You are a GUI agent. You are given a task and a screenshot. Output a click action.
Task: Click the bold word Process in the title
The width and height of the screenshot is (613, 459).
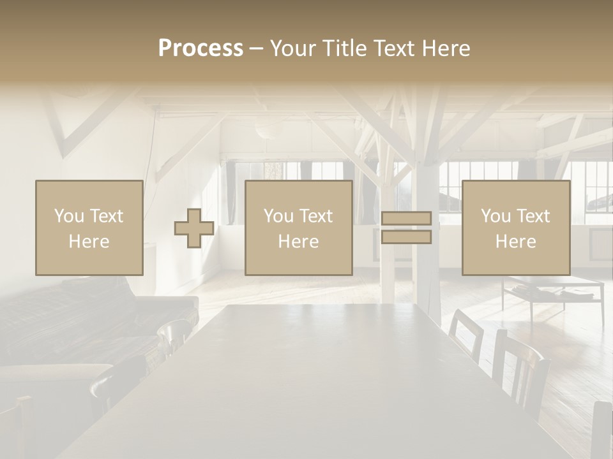[201, 48]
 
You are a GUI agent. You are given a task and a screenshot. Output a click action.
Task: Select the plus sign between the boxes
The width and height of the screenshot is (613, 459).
[194, 228]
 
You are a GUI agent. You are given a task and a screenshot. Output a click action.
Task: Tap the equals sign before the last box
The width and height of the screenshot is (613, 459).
[406, 228]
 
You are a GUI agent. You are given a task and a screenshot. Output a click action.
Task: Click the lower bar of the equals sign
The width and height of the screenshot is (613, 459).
[406, 237]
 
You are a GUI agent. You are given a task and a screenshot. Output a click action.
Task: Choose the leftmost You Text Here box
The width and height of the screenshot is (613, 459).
[89, 228]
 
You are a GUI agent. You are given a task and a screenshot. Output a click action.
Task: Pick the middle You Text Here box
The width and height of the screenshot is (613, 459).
[298, 228]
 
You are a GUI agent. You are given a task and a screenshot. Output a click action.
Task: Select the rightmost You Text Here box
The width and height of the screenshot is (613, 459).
[515, 228]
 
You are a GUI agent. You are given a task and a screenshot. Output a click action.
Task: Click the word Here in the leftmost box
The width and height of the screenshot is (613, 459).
[89, 241]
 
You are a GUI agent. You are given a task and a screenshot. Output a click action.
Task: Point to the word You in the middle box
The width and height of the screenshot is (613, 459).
[278, 216]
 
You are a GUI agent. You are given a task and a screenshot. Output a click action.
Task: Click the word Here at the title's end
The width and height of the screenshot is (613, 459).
[446, 48]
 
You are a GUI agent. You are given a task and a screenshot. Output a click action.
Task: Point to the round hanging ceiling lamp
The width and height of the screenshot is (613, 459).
[269, 130]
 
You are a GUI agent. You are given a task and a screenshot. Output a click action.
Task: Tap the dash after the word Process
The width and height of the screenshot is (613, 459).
[256, 49]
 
